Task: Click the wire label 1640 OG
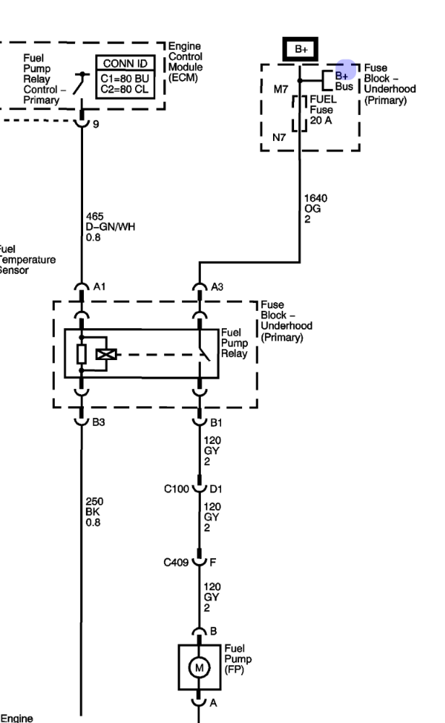(313, 208)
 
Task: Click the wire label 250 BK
(95, 510)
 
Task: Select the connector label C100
(176, 489)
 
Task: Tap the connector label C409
(176, 560)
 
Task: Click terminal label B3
(99, 423)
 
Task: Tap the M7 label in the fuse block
(280, 90)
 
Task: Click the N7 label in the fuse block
(279, 137)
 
